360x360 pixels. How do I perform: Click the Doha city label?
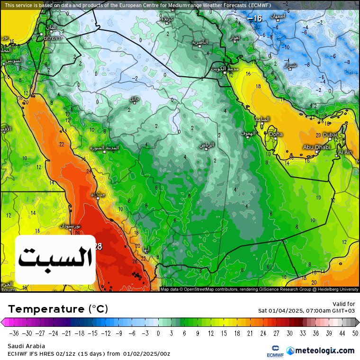(276, 135)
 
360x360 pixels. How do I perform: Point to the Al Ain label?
(345, 153)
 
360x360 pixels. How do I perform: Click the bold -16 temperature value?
(254, 18)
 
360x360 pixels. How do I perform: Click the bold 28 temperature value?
(98, 246)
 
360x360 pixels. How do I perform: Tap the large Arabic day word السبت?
(55, 258)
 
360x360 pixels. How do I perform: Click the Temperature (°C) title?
(58, 309)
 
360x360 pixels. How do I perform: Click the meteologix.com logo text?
(325, 351)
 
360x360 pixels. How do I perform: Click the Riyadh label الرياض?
(207, 144)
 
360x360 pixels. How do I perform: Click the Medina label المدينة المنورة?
(105, 148)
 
